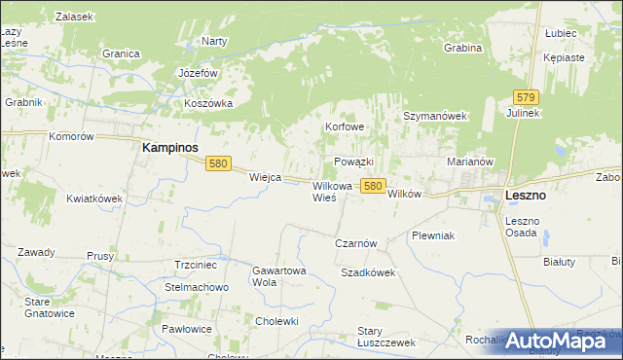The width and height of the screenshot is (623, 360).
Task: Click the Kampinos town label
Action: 170,147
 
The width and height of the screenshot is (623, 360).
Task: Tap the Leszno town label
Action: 526,196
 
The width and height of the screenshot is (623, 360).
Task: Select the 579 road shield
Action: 527,97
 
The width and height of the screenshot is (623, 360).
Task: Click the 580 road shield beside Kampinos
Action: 218,164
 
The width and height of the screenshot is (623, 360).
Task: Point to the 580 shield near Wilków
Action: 371,184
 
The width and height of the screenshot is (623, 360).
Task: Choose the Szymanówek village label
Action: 436,116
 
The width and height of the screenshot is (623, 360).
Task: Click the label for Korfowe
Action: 345,127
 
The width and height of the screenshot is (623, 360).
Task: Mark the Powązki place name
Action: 353,161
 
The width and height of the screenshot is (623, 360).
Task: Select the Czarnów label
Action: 355,243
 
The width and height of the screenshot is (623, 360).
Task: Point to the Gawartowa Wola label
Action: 279,276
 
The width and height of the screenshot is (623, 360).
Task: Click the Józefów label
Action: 198,74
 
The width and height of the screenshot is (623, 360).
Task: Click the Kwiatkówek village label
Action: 94,198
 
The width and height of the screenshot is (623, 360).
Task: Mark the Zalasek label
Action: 74,18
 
